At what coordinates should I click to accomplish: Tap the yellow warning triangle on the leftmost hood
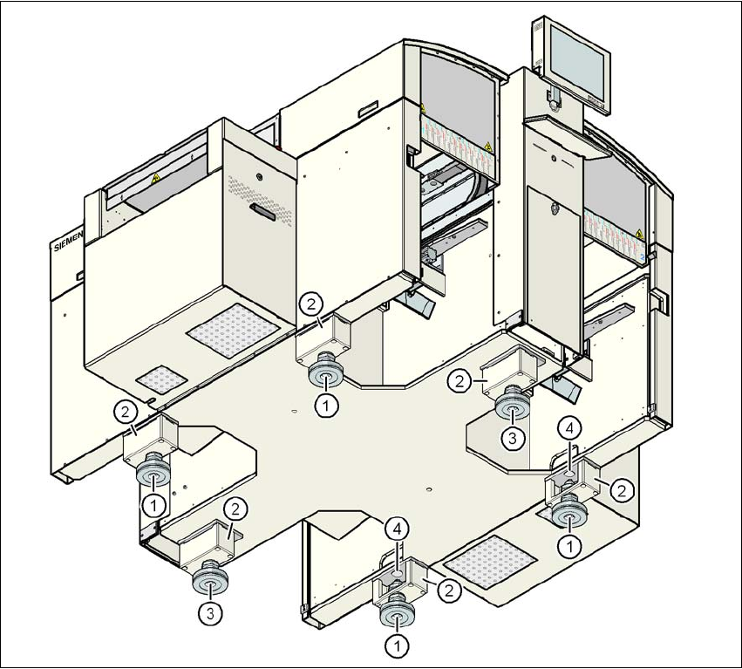[x=156, y=178]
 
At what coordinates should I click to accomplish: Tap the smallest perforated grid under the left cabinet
[x=160, y=380]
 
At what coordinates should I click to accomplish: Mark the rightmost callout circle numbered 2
[x=620, y=491]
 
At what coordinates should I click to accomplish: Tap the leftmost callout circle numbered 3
[x=208, y=612]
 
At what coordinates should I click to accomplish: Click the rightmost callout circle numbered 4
[x=568, y=428]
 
